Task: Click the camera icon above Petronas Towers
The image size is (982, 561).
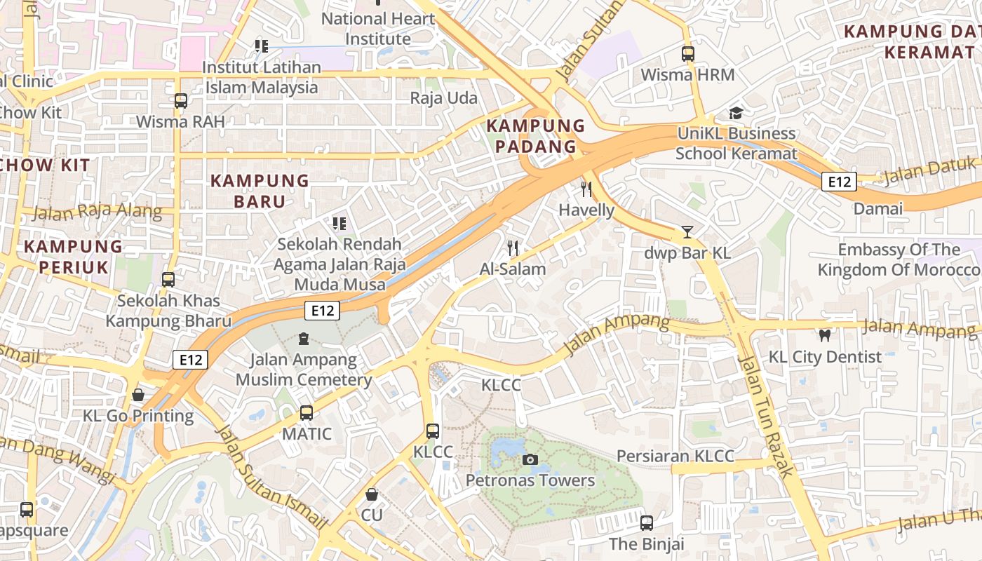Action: (530, 460)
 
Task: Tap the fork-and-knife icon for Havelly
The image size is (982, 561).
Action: (586, 189)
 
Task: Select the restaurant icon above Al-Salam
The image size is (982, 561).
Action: (513, 248)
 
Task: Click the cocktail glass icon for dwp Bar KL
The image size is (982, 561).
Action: (687, 232)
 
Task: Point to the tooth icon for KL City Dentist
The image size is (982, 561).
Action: (825, 336)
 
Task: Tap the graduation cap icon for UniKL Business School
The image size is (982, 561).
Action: (736, 113)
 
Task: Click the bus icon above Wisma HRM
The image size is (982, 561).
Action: (688, 53)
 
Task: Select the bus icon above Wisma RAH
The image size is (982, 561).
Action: (181, 101)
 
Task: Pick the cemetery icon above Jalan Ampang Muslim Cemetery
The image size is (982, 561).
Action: (304, 339)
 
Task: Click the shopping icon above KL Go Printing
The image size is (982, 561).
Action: (138, 395)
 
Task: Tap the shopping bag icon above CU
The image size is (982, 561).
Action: (372, 494)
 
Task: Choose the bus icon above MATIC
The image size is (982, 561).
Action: (307, 413)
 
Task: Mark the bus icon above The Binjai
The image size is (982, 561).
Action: (646, 523)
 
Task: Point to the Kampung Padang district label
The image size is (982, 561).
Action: (536, 136)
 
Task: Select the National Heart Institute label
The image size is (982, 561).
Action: (378, 29)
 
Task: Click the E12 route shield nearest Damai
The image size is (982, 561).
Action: (839, 182)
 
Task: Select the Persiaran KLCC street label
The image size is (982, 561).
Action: (675, 457)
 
